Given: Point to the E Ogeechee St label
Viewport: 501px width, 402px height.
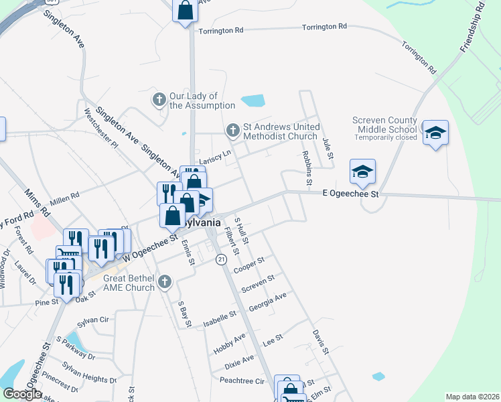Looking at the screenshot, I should tap(350, 194).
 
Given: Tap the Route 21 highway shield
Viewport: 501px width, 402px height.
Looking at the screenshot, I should tap(220, 259).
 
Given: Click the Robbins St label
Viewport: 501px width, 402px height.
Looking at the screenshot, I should tap(306, 167).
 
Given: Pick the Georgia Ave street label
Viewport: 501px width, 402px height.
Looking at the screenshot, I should tap(267, 301).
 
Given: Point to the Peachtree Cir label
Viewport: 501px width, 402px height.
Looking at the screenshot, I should tap(242, 380).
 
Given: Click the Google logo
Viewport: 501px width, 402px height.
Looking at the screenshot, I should tap(22, 394).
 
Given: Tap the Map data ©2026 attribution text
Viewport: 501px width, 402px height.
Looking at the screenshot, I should tap(472, 397).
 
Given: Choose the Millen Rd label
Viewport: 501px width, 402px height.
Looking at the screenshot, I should tap(65, 196).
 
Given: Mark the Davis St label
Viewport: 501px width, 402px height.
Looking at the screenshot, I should tap(320, 341).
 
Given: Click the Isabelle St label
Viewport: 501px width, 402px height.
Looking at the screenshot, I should tap(220, 318).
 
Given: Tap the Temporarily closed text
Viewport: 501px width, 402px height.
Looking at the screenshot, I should tap(385, 137).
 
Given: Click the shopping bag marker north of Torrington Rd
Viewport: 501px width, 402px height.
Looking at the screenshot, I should tap(185, 11).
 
